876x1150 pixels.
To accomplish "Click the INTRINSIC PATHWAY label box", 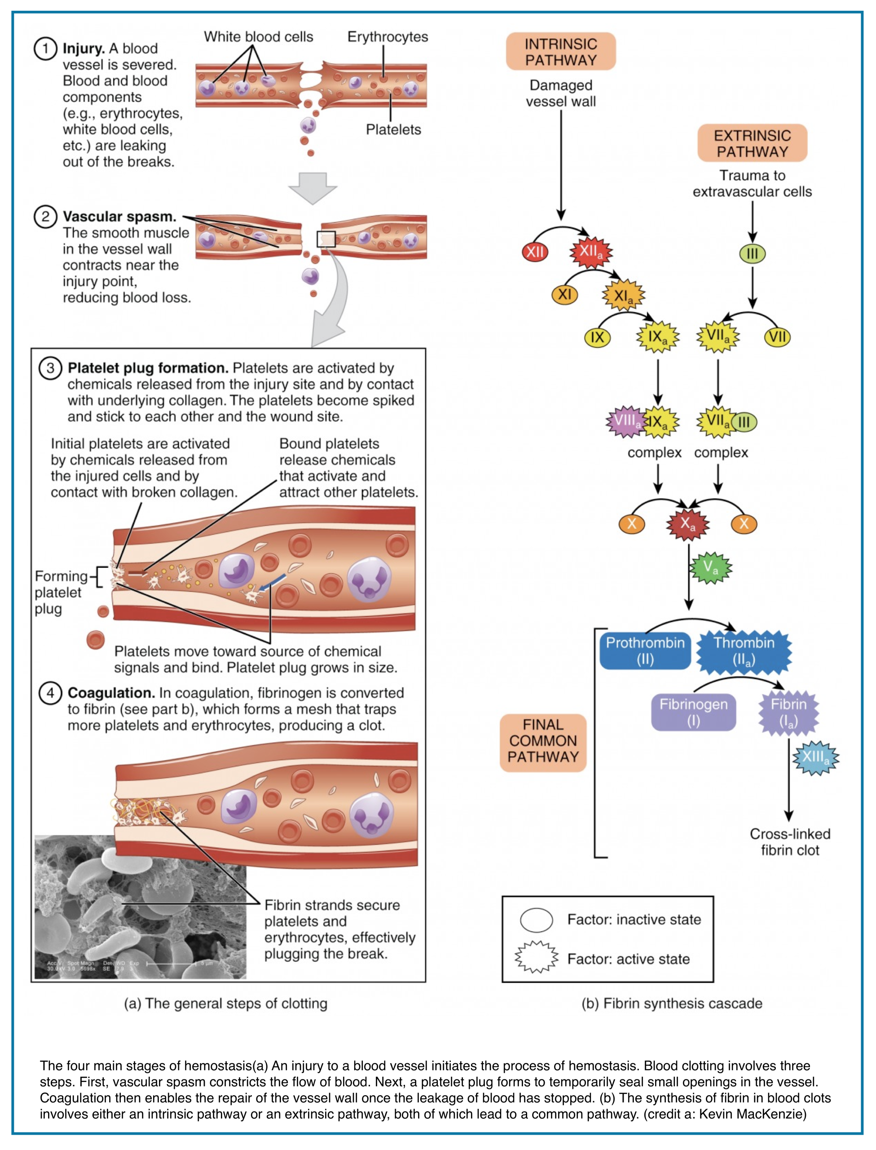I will pos(560,52).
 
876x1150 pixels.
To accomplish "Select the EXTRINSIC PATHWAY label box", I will pos(752,143).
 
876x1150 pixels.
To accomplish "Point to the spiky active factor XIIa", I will pos(591,252).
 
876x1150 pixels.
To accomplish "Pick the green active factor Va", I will pos(710,567).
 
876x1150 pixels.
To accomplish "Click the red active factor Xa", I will pos(688,524).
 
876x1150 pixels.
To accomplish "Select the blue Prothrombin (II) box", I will pos(645,650).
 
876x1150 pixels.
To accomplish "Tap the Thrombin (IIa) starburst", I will pos(744,651).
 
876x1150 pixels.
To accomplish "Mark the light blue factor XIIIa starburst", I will pos(815,757).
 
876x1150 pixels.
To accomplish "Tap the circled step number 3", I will pos(50,368).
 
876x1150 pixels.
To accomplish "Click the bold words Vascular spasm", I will pos(119,217).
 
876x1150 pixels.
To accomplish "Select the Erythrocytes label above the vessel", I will pos(387,37).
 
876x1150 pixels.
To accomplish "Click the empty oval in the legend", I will pos(536,920).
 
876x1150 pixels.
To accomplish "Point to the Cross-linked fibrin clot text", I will pos(789,842).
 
